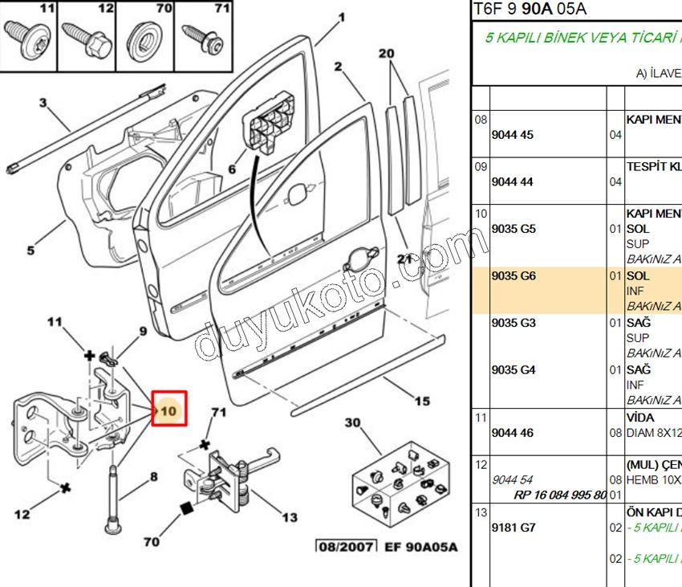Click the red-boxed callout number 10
(x=169, y=410)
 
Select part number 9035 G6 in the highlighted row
(x=513, y=275)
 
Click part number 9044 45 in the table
(x=512, y=135)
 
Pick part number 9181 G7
(x=513, y=528)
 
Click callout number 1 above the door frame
(x=342, y=17)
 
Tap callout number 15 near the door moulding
(x=423, y=401)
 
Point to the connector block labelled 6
(x=267, y=124)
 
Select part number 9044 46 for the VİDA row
(x=512, y=433)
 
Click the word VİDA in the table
(x=639, y=418)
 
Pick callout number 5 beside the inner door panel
(x=30, y=251)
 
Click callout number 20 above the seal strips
(x=388, y=54)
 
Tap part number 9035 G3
(x=513, y=323)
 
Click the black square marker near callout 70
(x=187, y=508)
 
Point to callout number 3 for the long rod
(x=43, y=103)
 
